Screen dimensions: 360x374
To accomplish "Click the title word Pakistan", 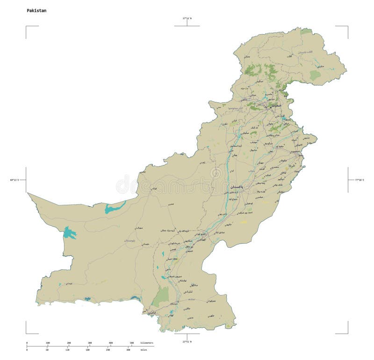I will point(36,10).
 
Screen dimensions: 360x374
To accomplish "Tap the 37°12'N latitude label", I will point(187,18).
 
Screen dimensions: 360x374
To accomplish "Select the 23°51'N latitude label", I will point(187,342).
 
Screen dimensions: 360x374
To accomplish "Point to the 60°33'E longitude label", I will point(14,180).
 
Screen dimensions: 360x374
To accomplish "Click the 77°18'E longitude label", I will point(360,180).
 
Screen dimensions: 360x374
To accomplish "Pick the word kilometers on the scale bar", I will point(146,343).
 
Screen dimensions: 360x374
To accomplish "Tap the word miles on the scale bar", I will point(143,350).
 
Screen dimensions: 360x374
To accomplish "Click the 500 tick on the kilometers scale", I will point(131,343).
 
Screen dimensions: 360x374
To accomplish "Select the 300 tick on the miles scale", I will point(128,350).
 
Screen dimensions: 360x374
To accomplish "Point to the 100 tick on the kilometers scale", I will point(48,343).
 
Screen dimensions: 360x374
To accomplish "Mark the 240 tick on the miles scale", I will point(108,350).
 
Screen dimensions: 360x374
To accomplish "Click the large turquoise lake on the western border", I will point(70,232).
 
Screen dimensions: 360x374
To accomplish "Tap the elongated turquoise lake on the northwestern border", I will point(115,207).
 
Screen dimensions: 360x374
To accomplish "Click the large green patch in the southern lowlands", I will point(161,296).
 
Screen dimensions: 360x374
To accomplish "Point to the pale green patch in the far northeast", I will point(315,75).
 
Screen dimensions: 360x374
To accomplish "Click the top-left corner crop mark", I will point(27,27).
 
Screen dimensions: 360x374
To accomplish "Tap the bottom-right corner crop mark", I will point(347,333).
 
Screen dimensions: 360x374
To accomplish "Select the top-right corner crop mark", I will point(347,27).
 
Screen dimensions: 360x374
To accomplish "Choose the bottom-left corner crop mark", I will point(27,333).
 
